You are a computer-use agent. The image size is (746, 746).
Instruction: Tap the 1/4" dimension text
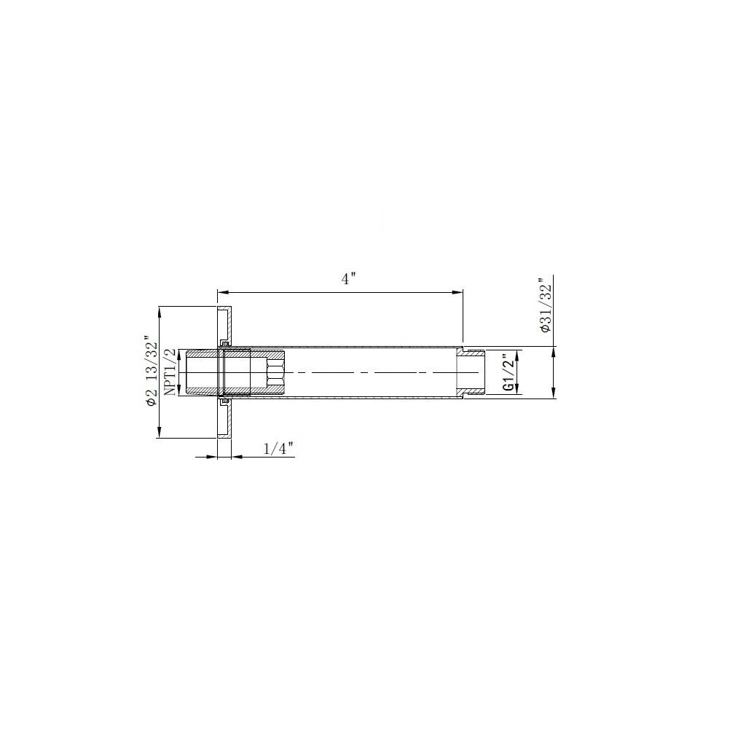click(x=278, y=449)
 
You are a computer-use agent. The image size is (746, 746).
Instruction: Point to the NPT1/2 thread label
click(x=170, y=372)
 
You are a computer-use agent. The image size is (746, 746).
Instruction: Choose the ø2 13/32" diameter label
click(x=151, y=372)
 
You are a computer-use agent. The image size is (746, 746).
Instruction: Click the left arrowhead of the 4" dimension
click(x=221, y=292)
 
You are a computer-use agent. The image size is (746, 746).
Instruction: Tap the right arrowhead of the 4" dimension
click(x=459, y=292)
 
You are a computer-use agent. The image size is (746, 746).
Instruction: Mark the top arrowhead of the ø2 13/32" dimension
click(x=160, y=311)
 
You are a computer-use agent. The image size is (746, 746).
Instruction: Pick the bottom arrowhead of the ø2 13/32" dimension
click(x=160, y=434)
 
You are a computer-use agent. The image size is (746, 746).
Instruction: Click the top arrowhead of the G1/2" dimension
click(x=517, y=354)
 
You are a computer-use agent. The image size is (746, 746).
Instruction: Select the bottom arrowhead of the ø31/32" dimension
click(x=554, y=395)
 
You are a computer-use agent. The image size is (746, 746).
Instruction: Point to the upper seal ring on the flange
click(x=225, y=343)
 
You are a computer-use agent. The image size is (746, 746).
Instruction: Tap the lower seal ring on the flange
click(x=225, y=401)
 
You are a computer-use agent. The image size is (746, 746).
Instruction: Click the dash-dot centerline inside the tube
click(x=364, y=373)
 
